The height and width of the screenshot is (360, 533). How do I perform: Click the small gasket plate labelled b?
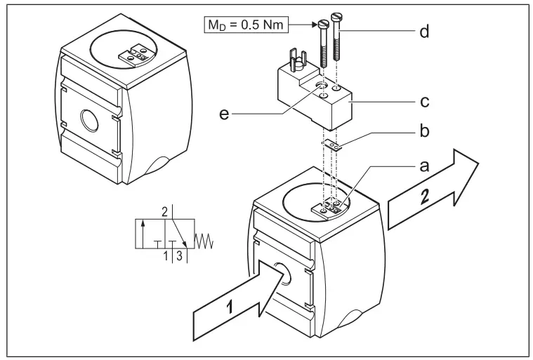(x=334, y=147)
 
